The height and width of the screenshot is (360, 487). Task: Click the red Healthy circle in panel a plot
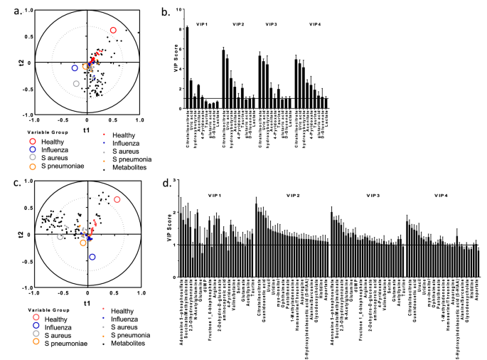pos(113,31)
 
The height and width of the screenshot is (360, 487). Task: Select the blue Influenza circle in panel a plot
pos(75,68)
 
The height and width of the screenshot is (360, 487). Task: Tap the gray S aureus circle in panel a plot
pos(77,84)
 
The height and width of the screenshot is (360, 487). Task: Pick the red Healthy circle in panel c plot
pos(117,200)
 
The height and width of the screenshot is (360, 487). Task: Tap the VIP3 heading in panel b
pos(272,25)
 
